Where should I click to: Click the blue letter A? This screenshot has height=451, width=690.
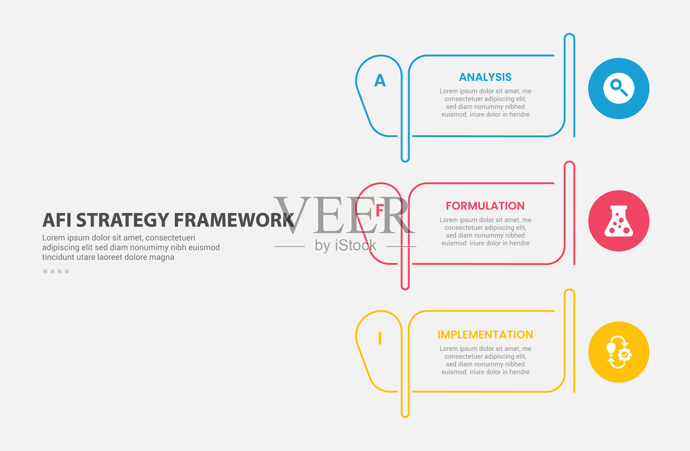tap(380, 80)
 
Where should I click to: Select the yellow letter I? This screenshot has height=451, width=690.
tap(380, 338)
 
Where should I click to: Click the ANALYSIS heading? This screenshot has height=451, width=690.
tap(485, 77)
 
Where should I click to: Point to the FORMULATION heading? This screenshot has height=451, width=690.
tap(485, 205)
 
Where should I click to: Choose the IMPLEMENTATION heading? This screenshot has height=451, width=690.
tap(485, 334)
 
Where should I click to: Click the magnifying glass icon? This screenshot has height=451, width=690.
tap(619, 88)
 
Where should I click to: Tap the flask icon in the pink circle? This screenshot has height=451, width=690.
tap(618, 221)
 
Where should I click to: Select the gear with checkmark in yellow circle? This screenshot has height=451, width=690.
tap(625, 355)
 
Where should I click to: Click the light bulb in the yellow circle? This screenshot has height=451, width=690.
tap(611, 349)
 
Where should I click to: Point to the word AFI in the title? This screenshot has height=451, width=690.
tap(56, 220)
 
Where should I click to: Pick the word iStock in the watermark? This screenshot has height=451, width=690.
tap(355, 246)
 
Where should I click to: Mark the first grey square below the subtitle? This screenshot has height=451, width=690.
tap(45, 271)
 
